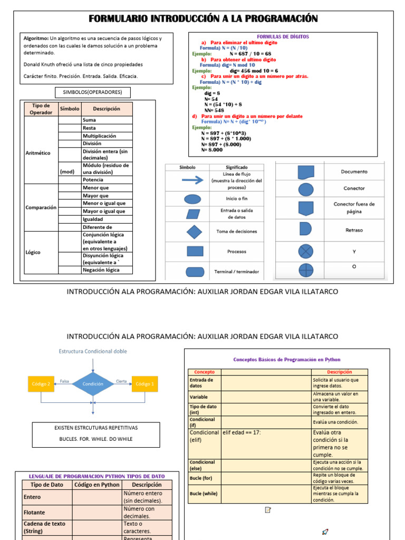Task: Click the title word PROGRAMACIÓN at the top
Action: coord(280,20)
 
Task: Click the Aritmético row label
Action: coord(38,153)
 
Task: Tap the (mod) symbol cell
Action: coord(67,172)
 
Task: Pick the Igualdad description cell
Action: coord(97,219)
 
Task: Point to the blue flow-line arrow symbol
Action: coord(193,180)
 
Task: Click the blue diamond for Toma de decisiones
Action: coord(195,232)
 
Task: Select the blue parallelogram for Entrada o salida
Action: coord(194,214)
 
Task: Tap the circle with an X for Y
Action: coord(306,251)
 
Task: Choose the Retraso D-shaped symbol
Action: coord(305,228)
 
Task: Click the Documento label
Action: coord(354,172)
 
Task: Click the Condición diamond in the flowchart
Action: coord(93,384)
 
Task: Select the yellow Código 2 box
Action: coord(41,384)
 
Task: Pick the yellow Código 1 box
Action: coord(145,384)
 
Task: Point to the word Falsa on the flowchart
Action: coord(64,381)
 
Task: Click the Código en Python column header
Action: coord(97,485)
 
